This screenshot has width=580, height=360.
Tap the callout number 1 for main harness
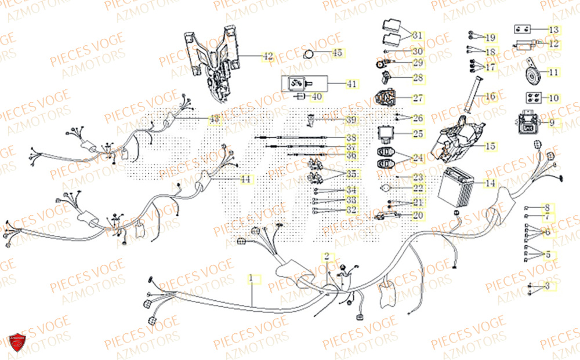[251, 279]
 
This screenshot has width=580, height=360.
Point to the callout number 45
[338, 53]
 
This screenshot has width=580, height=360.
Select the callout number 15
[490, 146]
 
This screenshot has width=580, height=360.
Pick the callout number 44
[246, 180]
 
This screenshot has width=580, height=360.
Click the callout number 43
[215, 119]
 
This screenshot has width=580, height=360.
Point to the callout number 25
[418, 134]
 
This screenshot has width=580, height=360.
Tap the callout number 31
[418, 36]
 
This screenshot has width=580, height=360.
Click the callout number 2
[327, 256]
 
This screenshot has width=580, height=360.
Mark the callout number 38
[351, 138]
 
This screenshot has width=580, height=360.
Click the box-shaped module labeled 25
[387, 134]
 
